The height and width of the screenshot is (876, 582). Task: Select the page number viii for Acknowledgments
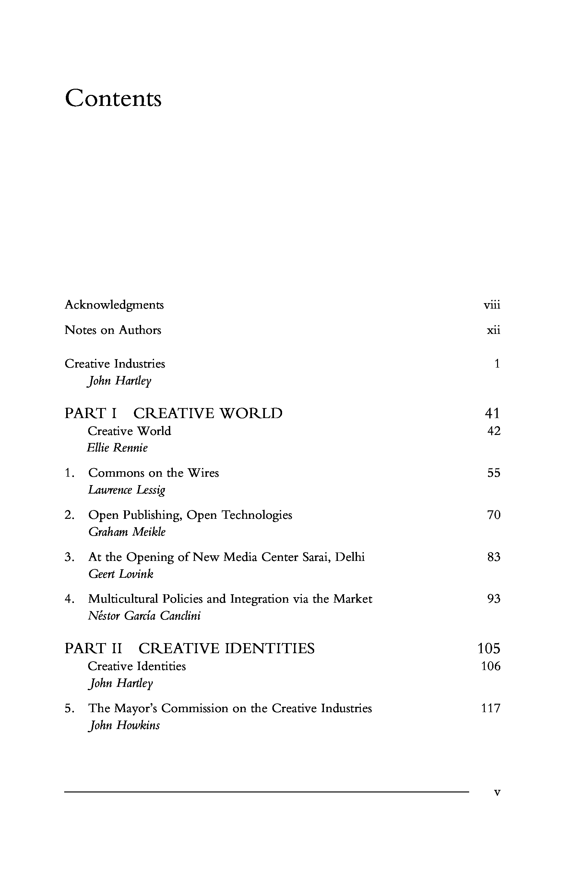coord(492,305)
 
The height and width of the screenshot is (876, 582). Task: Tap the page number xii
coord(493,330)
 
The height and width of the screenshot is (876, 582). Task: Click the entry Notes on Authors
coord(113,330)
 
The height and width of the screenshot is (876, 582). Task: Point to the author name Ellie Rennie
coord(117,448)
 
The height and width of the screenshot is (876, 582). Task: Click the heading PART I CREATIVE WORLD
coord(173,413)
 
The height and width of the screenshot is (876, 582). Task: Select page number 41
coord(493,413)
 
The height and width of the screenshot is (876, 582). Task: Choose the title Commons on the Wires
coord(153,473)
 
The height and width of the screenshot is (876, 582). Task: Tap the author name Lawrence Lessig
coord(126,490)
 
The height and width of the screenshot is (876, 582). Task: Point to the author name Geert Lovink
coord(121,574)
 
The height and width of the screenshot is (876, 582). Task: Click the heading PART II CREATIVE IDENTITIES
coord(189,648)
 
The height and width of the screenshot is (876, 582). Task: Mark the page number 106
coord(491,666)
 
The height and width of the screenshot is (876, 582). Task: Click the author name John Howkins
coord(124,725)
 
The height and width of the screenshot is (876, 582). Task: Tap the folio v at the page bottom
coord(497,792)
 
